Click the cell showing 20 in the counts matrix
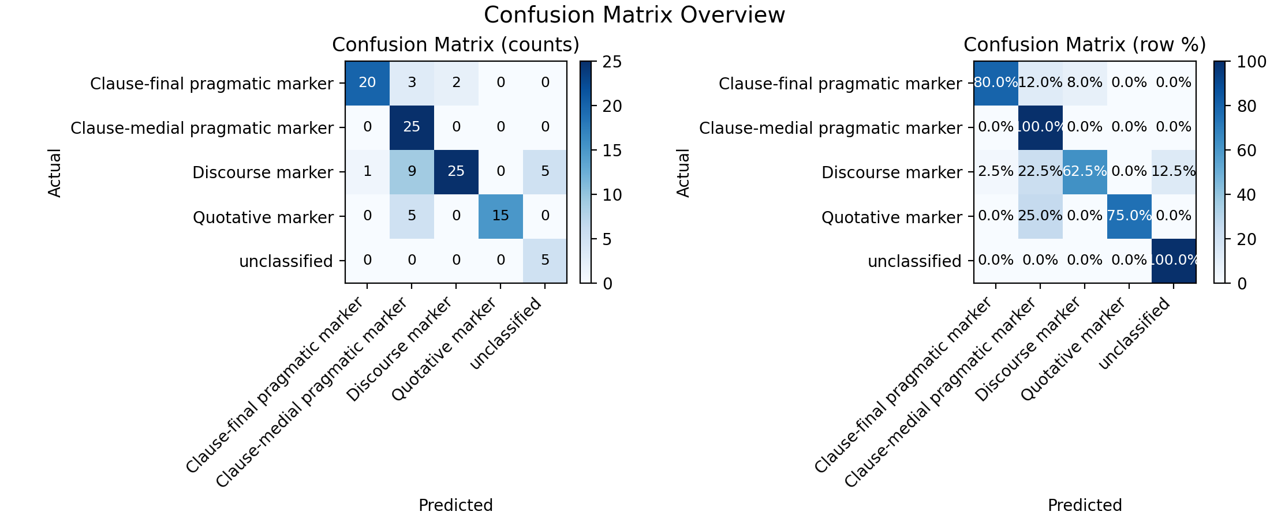click(x=367, y=83)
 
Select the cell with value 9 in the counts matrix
click(x=412, y=172)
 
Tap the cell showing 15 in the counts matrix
click(x=500, y=216)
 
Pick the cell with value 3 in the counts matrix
click(x=412, y=83)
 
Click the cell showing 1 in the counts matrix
click(x=367, y=172)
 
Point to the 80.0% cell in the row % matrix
click(x=996, y=83)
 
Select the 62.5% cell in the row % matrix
click(x=1085, y=172)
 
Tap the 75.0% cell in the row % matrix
click(x=1129, y=216)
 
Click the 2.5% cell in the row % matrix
click(x=996, y=172)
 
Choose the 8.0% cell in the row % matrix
click(x=1085, y=83)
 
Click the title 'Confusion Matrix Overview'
click(x=634, y=15)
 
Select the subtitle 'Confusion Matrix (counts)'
click(x=455, y=45)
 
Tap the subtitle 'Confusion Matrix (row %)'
click(x=1085, y=45)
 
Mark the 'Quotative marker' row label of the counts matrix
click(x=263, y=217)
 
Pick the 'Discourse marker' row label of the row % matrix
click(x=892, y=172)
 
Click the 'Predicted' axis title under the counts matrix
click(x=455, y=505)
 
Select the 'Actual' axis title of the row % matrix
click(x=683, y=172)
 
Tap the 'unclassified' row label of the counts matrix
click(x=286, y=261)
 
